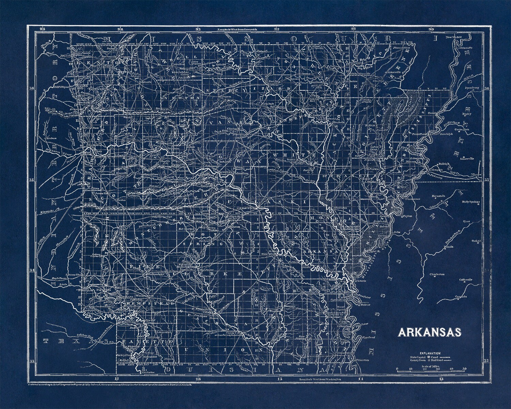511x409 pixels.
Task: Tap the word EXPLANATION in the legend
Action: point(430,353)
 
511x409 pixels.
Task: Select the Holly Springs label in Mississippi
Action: point(470,202)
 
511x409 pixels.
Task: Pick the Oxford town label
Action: point(476,240)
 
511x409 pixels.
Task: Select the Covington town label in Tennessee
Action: point(462,130)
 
